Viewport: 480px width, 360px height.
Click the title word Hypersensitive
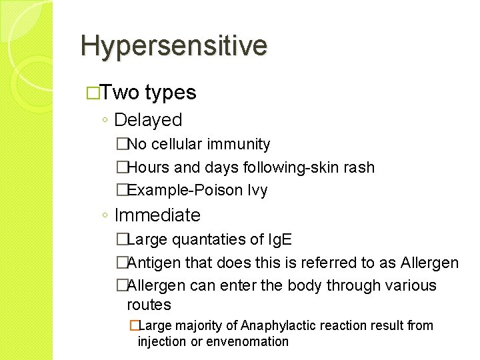point(174,46)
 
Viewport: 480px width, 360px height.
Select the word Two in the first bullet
point(121,93)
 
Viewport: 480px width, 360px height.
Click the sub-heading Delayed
point(148,120)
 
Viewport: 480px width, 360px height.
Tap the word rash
point(359,167)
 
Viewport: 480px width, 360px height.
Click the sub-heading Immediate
point(157,215)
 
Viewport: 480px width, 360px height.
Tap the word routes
point(149,305)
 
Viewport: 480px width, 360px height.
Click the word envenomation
point(247,341)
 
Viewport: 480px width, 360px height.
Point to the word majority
point(199,325)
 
